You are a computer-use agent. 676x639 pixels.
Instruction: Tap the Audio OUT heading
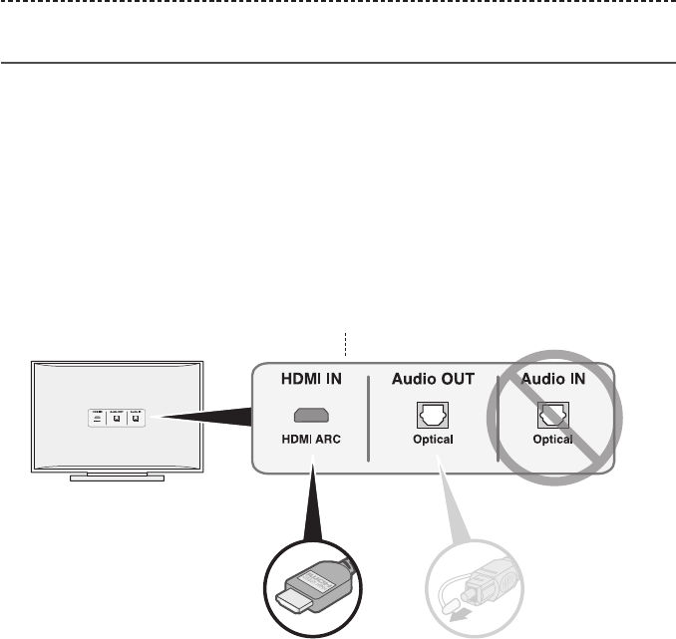[433, 379]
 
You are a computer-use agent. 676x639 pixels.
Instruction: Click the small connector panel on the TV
[118, 418]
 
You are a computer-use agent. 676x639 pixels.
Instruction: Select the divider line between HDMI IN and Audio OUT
[369, 419]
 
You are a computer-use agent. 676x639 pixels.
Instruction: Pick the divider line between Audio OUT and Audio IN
[496, 419]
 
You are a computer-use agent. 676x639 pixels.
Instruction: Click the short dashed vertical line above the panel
[344, 345]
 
